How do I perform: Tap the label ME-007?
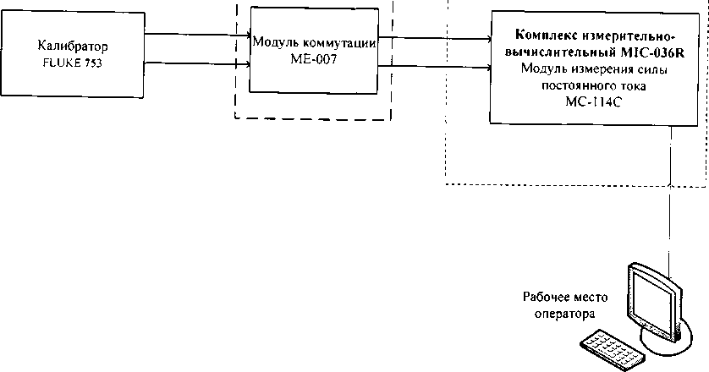tap(313, 57)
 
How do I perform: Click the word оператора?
tap(565, 313)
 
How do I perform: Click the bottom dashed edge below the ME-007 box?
tap(314, 118)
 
